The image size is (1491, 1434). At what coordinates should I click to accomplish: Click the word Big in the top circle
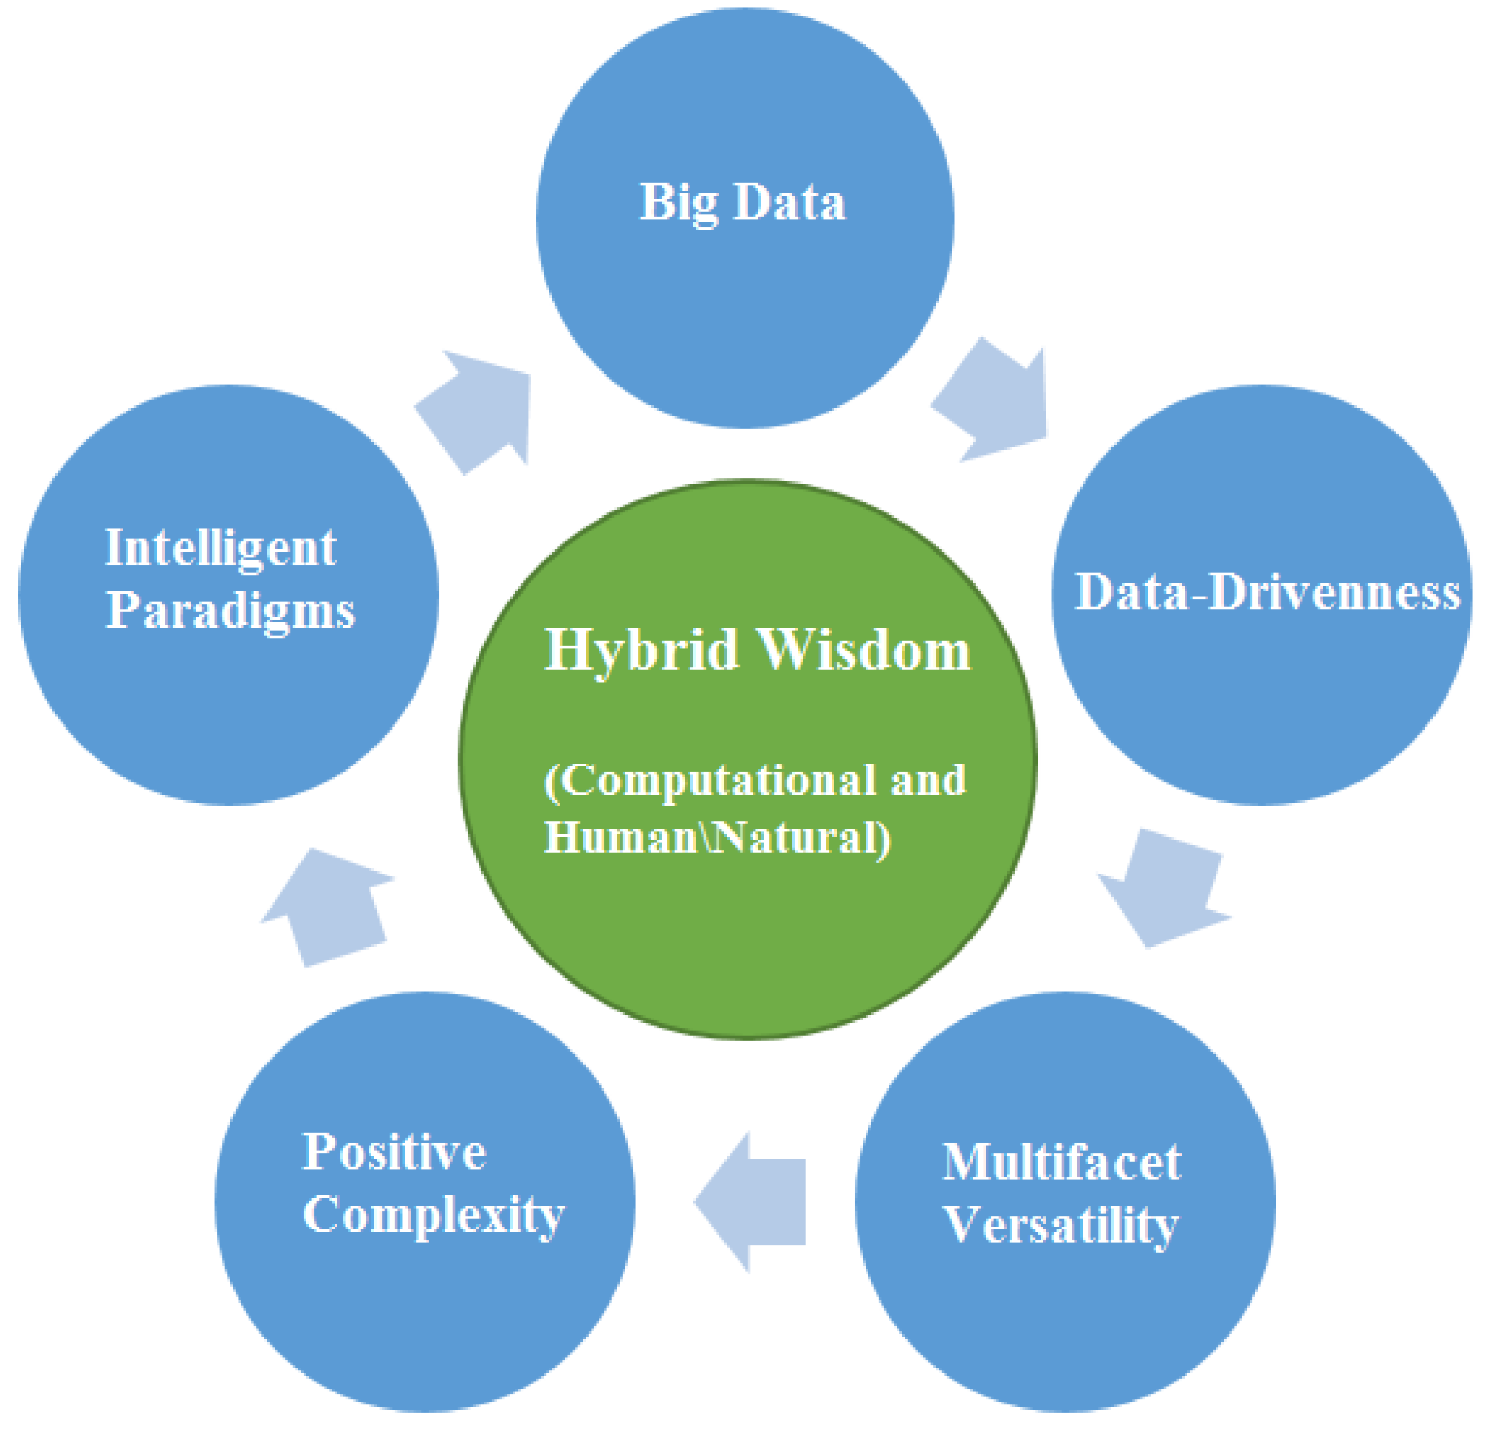coord(679,203)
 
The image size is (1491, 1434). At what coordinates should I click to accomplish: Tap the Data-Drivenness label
coord(1267,592)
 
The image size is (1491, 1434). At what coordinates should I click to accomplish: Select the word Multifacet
coord(1061,1162)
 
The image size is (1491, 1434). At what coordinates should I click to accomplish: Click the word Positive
coord(394,1151)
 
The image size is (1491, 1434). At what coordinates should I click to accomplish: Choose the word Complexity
coord(433,1215)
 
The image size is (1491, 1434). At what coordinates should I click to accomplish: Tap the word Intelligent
coord(221,548)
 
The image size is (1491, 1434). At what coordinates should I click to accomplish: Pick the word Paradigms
coord(230,611)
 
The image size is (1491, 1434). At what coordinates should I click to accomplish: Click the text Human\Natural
coord(716,837)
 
